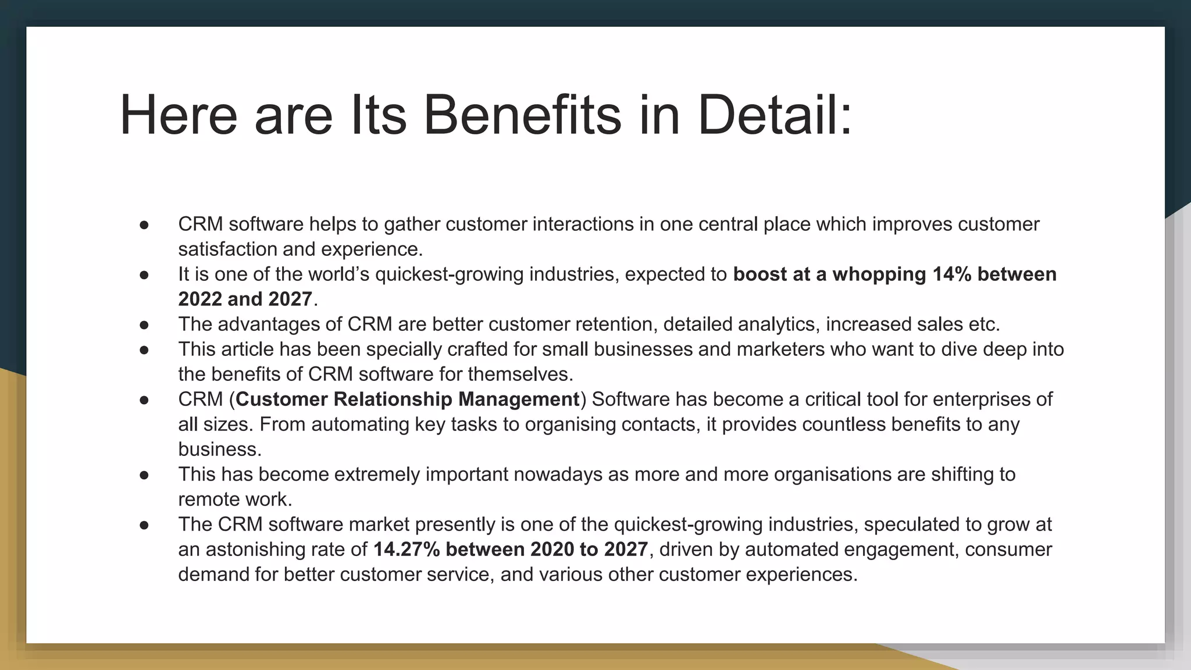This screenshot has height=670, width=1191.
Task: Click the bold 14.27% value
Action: pyautogui.click(x=406, y=549)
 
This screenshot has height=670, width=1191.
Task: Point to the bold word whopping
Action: pyautogui.click(x=879, y=274)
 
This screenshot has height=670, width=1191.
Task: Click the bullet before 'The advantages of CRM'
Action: pyautogui.click(x=145, y=325)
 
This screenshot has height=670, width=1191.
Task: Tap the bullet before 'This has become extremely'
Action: pyautogui.click(x=145, y=475)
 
